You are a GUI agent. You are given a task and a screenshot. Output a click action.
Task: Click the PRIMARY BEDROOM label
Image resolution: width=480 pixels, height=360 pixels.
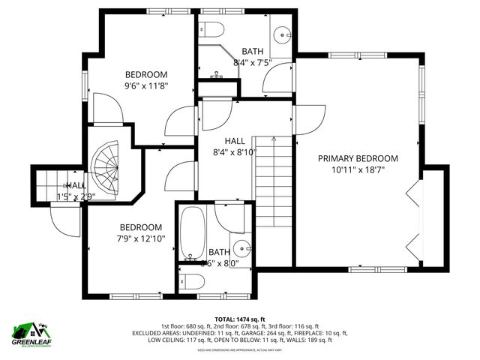click(358, 158)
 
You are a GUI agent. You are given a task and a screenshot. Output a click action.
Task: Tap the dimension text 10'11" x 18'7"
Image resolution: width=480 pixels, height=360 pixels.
click(358, 170)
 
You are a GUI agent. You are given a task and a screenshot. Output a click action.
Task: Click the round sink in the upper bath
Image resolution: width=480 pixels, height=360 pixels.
click(281, 34)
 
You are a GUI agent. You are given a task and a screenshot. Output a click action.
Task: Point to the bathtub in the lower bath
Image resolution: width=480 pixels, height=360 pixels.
click(193, 231)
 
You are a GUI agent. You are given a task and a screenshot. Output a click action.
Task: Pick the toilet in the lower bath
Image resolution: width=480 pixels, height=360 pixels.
click(193, 281)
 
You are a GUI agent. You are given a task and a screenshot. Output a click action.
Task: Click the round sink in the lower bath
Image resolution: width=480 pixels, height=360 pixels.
click(241, 248)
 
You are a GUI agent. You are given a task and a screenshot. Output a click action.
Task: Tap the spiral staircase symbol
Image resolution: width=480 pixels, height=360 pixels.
click(106, 169)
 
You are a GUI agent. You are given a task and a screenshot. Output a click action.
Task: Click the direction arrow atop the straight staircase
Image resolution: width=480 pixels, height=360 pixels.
click(274, 139)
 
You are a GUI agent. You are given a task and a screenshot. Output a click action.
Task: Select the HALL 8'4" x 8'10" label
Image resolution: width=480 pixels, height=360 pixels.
click(235, 145)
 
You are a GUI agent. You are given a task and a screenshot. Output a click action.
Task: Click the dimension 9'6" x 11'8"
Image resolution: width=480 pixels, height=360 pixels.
click(145, 85)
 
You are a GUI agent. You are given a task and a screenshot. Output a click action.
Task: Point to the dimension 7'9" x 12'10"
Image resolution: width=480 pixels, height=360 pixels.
click(141, 238)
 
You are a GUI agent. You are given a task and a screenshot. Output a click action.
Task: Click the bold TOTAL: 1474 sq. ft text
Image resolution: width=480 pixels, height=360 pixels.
click(240, 319)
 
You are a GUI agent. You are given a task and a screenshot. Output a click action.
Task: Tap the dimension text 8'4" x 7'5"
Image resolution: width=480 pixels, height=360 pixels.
click(252, 62)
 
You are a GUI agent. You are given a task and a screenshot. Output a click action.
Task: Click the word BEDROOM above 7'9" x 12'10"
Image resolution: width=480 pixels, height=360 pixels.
click(141, 227)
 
